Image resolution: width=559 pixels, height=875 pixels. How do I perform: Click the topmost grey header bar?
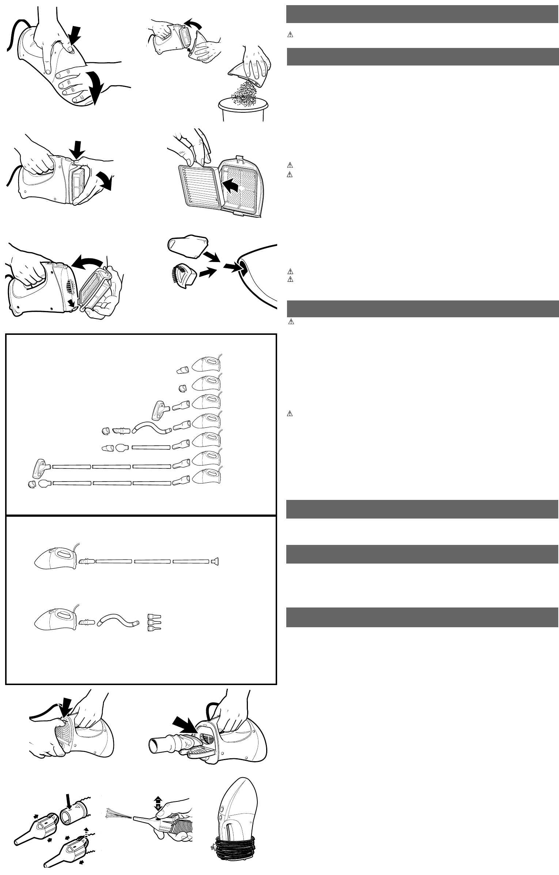422,14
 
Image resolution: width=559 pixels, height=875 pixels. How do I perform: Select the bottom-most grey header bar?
422,617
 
